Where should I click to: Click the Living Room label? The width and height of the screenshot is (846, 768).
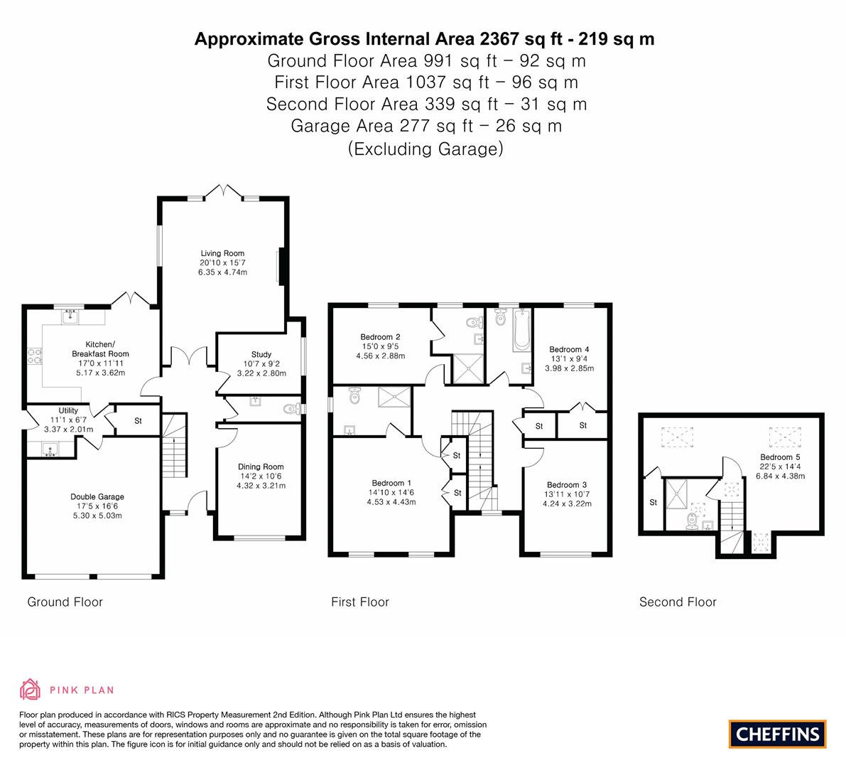222,253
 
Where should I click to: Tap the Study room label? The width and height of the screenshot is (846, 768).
261,354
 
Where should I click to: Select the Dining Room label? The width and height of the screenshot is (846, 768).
261,466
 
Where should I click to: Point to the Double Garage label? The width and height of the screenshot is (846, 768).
97,497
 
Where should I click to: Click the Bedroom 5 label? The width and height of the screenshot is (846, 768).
780,457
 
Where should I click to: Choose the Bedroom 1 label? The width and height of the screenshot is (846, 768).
391,483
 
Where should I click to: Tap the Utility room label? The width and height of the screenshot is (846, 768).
68,410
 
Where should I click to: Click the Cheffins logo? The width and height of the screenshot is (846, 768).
778,734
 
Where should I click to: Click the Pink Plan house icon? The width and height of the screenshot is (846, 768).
31,689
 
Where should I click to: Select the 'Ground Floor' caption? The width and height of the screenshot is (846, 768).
65,602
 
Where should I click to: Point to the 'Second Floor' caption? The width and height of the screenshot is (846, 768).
678,602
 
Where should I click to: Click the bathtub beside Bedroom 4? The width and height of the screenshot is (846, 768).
522,329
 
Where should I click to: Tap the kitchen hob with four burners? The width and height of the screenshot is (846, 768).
35,356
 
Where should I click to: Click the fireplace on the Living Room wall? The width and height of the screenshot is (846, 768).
281,266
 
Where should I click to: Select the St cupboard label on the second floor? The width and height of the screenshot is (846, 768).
653,502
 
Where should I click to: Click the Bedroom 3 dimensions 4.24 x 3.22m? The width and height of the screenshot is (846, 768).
567,504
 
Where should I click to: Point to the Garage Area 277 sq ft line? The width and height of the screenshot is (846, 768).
426,126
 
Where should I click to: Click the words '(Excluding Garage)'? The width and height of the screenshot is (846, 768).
425,149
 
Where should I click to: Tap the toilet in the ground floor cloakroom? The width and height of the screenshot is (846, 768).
292,409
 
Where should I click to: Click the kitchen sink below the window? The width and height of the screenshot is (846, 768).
70,316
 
